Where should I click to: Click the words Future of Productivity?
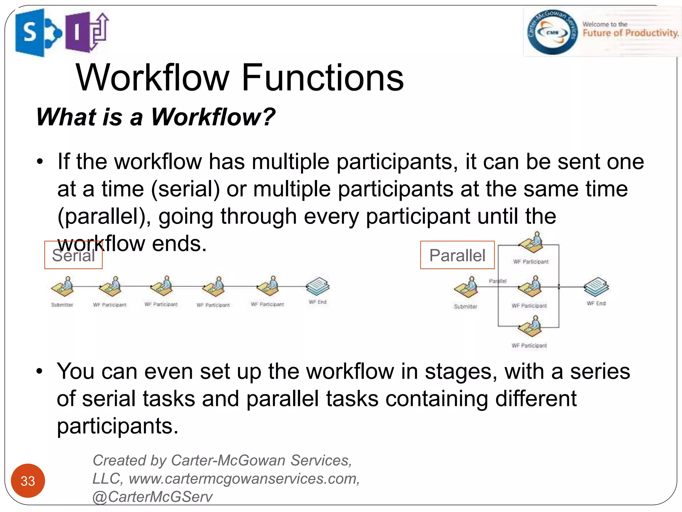tap(630, 33)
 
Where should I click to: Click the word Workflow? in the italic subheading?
tap(213, 117)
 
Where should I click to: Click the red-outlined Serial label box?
tap(73, 255)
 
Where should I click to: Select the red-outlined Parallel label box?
tap(457, 255)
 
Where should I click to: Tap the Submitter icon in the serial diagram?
tap(63, 287)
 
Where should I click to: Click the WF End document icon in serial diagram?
tap(318, 286)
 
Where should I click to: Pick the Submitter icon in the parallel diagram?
tap(466, 287)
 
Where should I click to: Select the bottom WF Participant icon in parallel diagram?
tap(530, 327)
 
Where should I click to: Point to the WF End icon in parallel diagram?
tap(596, 287)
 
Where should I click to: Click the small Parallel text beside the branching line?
tap(498, 281)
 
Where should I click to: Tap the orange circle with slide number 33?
tap(28, 481)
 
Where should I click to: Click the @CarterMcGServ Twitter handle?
tap(152, 497)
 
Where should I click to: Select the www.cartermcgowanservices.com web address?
tap(244, 479)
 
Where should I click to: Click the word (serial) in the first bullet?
tap(185, 189)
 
